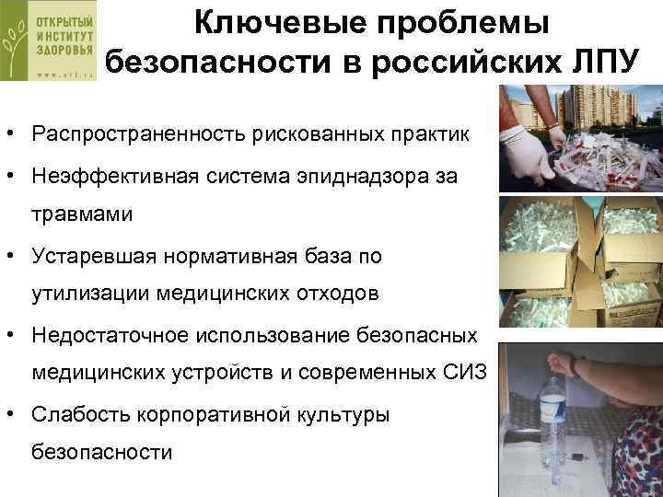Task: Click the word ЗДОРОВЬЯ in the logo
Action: [x=64, y=52]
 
